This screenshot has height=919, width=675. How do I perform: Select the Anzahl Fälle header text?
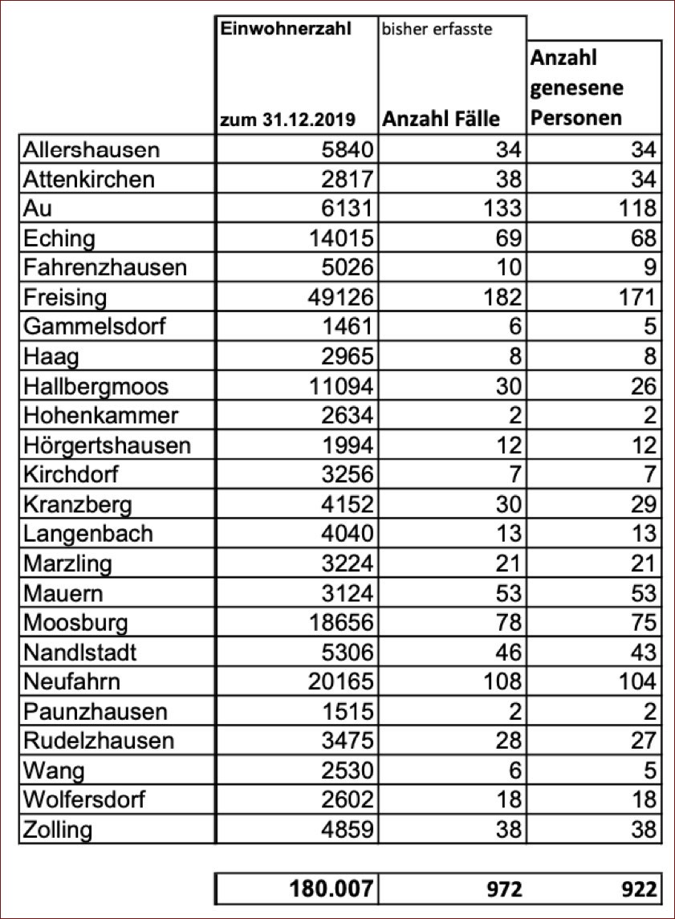(441, 119)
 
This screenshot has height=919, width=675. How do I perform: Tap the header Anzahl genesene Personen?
(576, 87)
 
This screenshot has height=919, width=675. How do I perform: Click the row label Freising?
(65, 298)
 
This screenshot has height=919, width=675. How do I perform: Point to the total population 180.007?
(331, 889)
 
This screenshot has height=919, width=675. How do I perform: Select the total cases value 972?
(505, 889)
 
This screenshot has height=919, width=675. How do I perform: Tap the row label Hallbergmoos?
(96, 386)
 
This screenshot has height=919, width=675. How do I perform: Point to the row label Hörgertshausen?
(107, 445)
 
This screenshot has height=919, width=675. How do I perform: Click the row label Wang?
(54, 771)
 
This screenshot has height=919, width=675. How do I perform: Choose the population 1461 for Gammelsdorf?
(348, 327)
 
